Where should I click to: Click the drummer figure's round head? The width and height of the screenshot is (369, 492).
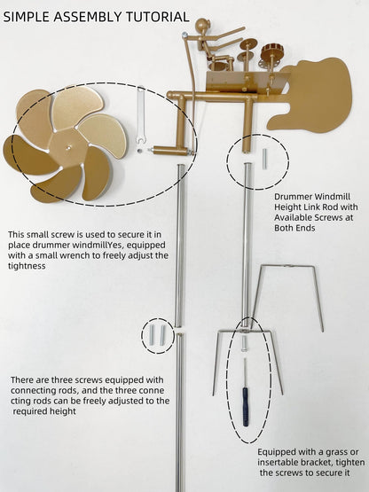pyautogui.click(x=201, y=26)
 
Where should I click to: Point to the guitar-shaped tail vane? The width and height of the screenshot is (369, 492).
pyautogui.click(x=314, y=96)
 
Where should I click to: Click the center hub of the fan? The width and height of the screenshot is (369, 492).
pyautogui.click(x=68, y=147)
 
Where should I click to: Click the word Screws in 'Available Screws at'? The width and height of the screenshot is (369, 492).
pyautogui.click(x=328, y=217)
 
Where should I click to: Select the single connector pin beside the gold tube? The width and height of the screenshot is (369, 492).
pyautogui.click(x=264, y=159)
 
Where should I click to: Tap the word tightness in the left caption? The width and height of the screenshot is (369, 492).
pyautogui.click(x=27, y=266)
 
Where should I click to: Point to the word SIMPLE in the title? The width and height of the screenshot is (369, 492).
pyautogui.click(x=27, y=17)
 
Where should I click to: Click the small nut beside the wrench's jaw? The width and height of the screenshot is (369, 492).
pyautogui.click(x=138, y=151)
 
